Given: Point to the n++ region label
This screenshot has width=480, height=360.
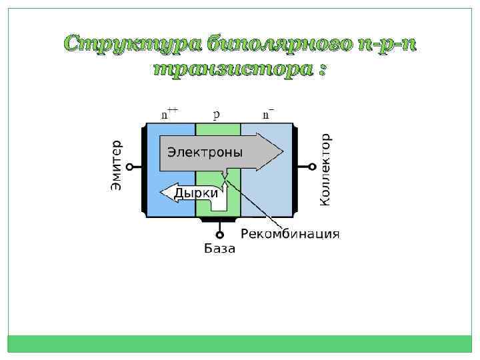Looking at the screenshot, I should click(169, 113).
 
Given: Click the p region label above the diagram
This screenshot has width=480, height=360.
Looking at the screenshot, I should click(217, 114).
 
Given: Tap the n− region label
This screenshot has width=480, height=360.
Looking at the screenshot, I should click(268, 113).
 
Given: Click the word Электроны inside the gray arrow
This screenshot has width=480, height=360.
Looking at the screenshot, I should click(205, 152).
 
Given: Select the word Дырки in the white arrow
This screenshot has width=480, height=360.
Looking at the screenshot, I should click(195, 193).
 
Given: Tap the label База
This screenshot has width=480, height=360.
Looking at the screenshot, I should click(219, 249).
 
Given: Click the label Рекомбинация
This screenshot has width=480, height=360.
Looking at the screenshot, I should click(289, 234).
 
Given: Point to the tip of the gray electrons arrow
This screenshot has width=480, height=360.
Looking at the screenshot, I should click(283, 152).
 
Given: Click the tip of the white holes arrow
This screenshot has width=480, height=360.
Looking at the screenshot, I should click(161, 193).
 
